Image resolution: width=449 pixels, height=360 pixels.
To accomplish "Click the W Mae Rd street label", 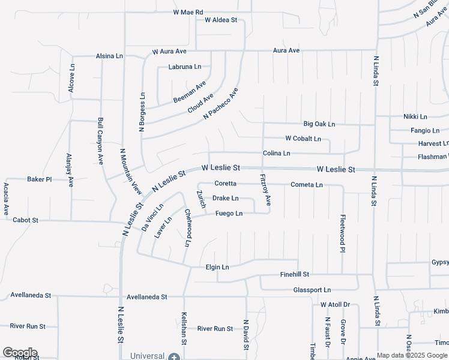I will click(188, 12).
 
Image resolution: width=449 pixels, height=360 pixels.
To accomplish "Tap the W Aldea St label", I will click(221, 20).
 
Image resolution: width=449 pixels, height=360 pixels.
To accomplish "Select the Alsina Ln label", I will click(109, 56).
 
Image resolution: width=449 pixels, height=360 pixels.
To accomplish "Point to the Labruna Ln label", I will click(185, 67).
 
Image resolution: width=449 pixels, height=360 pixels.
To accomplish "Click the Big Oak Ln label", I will click(319, 124).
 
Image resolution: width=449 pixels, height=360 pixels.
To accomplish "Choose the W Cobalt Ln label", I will click(303, 139).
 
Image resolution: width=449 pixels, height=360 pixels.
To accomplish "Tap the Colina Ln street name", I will click(276, 154).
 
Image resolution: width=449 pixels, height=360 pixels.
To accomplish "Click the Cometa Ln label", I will click(306, 185).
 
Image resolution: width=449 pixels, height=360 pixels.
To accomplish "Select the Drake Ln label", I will click(226, 198).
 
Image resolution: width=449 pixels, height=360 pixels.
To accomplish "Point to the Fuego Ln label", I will click(229, 214).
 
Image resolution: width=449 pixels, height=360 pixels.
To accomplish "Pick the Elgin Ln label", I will click(217, 267).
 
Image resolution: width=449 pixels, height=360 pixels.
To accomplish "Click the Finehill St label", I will click(294, 274).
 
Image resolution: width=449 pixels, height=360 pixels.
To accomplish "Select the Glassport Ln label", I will click(312, 290).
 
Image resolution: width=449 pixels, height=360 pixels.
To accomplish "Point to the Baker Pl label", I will click(40, 179).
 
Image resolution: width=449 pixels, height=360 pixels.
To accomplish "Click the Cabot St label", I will click(25, 221).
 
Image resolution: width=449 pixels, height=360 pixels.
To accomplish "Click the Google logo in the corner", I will click(20, 353).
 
